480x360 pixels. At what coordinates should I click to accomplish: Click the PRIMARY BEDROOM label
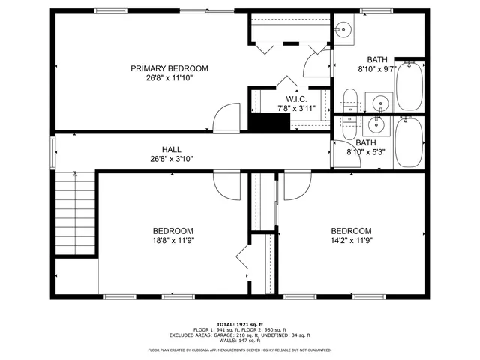click(x=169, y=68)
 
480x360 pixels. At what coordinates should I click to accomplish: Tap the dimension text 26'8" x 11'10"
click(x=169, y=77)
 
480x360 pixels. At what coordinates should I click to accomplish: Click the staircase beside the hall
click(x=75, y=214)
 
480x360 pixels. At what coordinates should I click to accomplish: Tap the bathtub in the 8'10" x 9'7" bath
click(x=410, y=84)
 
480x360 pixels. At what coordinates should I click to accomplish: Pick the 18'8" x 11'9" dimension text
click(x=173, y=240)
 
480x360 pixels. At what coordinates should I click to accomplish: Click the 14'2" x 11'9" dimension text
click(x=351, y=240)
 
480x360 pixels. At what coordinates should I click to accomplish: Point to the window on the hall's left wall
click(x=52, y=153)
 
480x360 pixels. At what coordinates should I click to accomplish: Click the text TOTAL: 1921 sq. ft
click(x=240, y=323)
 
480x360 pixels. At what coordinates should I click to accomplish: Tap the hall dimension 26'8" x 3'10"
click(x=172, y=158)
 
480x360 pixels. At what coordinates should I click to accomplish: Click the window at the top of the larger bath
click(x=375, y=10)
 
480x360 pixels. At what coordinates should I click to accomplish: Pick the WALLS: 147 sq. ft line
click(x=240, y=340)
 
